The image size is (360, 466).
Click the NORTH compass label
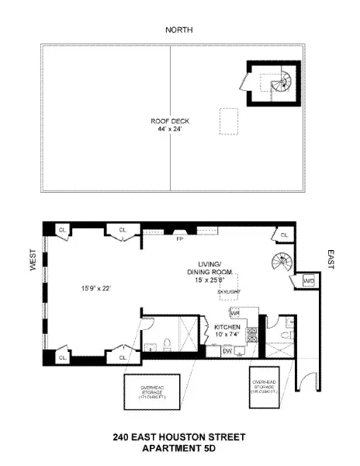(x=179, y=30)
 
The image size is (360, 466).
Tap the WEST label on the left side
(x=33, y=264)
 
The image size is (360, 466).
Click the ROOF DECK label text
(x=170, y=121)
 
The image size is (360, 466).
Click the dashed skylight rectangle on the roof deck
(x=229, y=121)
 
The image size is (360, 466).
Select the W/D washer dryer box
(x=308, y=280)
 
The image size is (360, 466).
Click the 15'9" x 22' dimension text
(x=96, y=288)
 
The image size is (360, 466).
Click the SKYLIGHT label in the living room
(x=229, y=291)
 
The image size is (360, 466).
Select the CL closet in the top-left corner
(x=62, y=229)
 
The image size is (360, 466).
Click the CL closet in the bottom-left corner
(x=62, y=356)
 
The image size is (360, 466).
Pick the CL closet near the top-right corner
(x=284, y=234)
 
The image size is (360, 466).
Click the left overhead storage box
(x=147, y=392)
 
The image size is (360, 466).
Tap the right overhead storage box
(x=264, y=386)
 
